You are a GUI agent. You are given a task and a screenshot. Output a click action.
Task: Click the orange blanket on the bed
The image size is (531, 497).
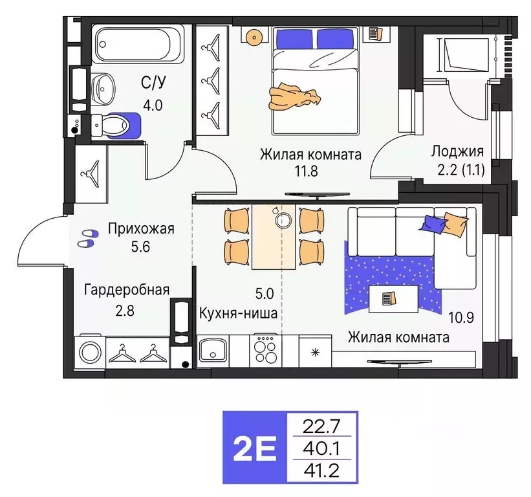click(294, 96)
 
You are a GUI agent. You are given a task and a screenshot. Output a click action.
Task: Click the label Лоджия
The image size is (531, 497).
click(457, 152)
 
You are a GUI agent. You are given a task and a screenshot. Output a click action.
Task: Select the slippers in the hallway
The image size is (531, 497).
click(85, 238)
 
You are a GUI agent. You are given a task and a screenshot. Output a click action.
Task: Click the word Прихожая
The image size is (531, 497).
click(141, 229)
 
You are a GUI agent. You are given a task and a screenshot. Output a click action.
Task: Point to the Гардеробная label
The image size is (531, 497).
click(126, 289)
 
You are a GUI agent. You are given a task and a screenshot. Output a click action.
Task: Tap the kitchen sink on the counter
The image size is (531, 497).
click(213, 353)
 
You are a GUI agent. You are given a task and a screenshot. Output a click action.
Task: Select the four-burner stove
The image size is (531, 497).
click(265, 352)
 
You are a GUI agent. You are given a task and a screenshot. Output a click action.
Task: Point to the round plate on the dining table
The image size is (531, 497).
click(283, 220)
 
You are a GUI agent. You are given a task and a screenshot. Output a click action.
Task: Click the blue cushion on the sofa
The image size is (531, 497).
click(433, 223)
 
